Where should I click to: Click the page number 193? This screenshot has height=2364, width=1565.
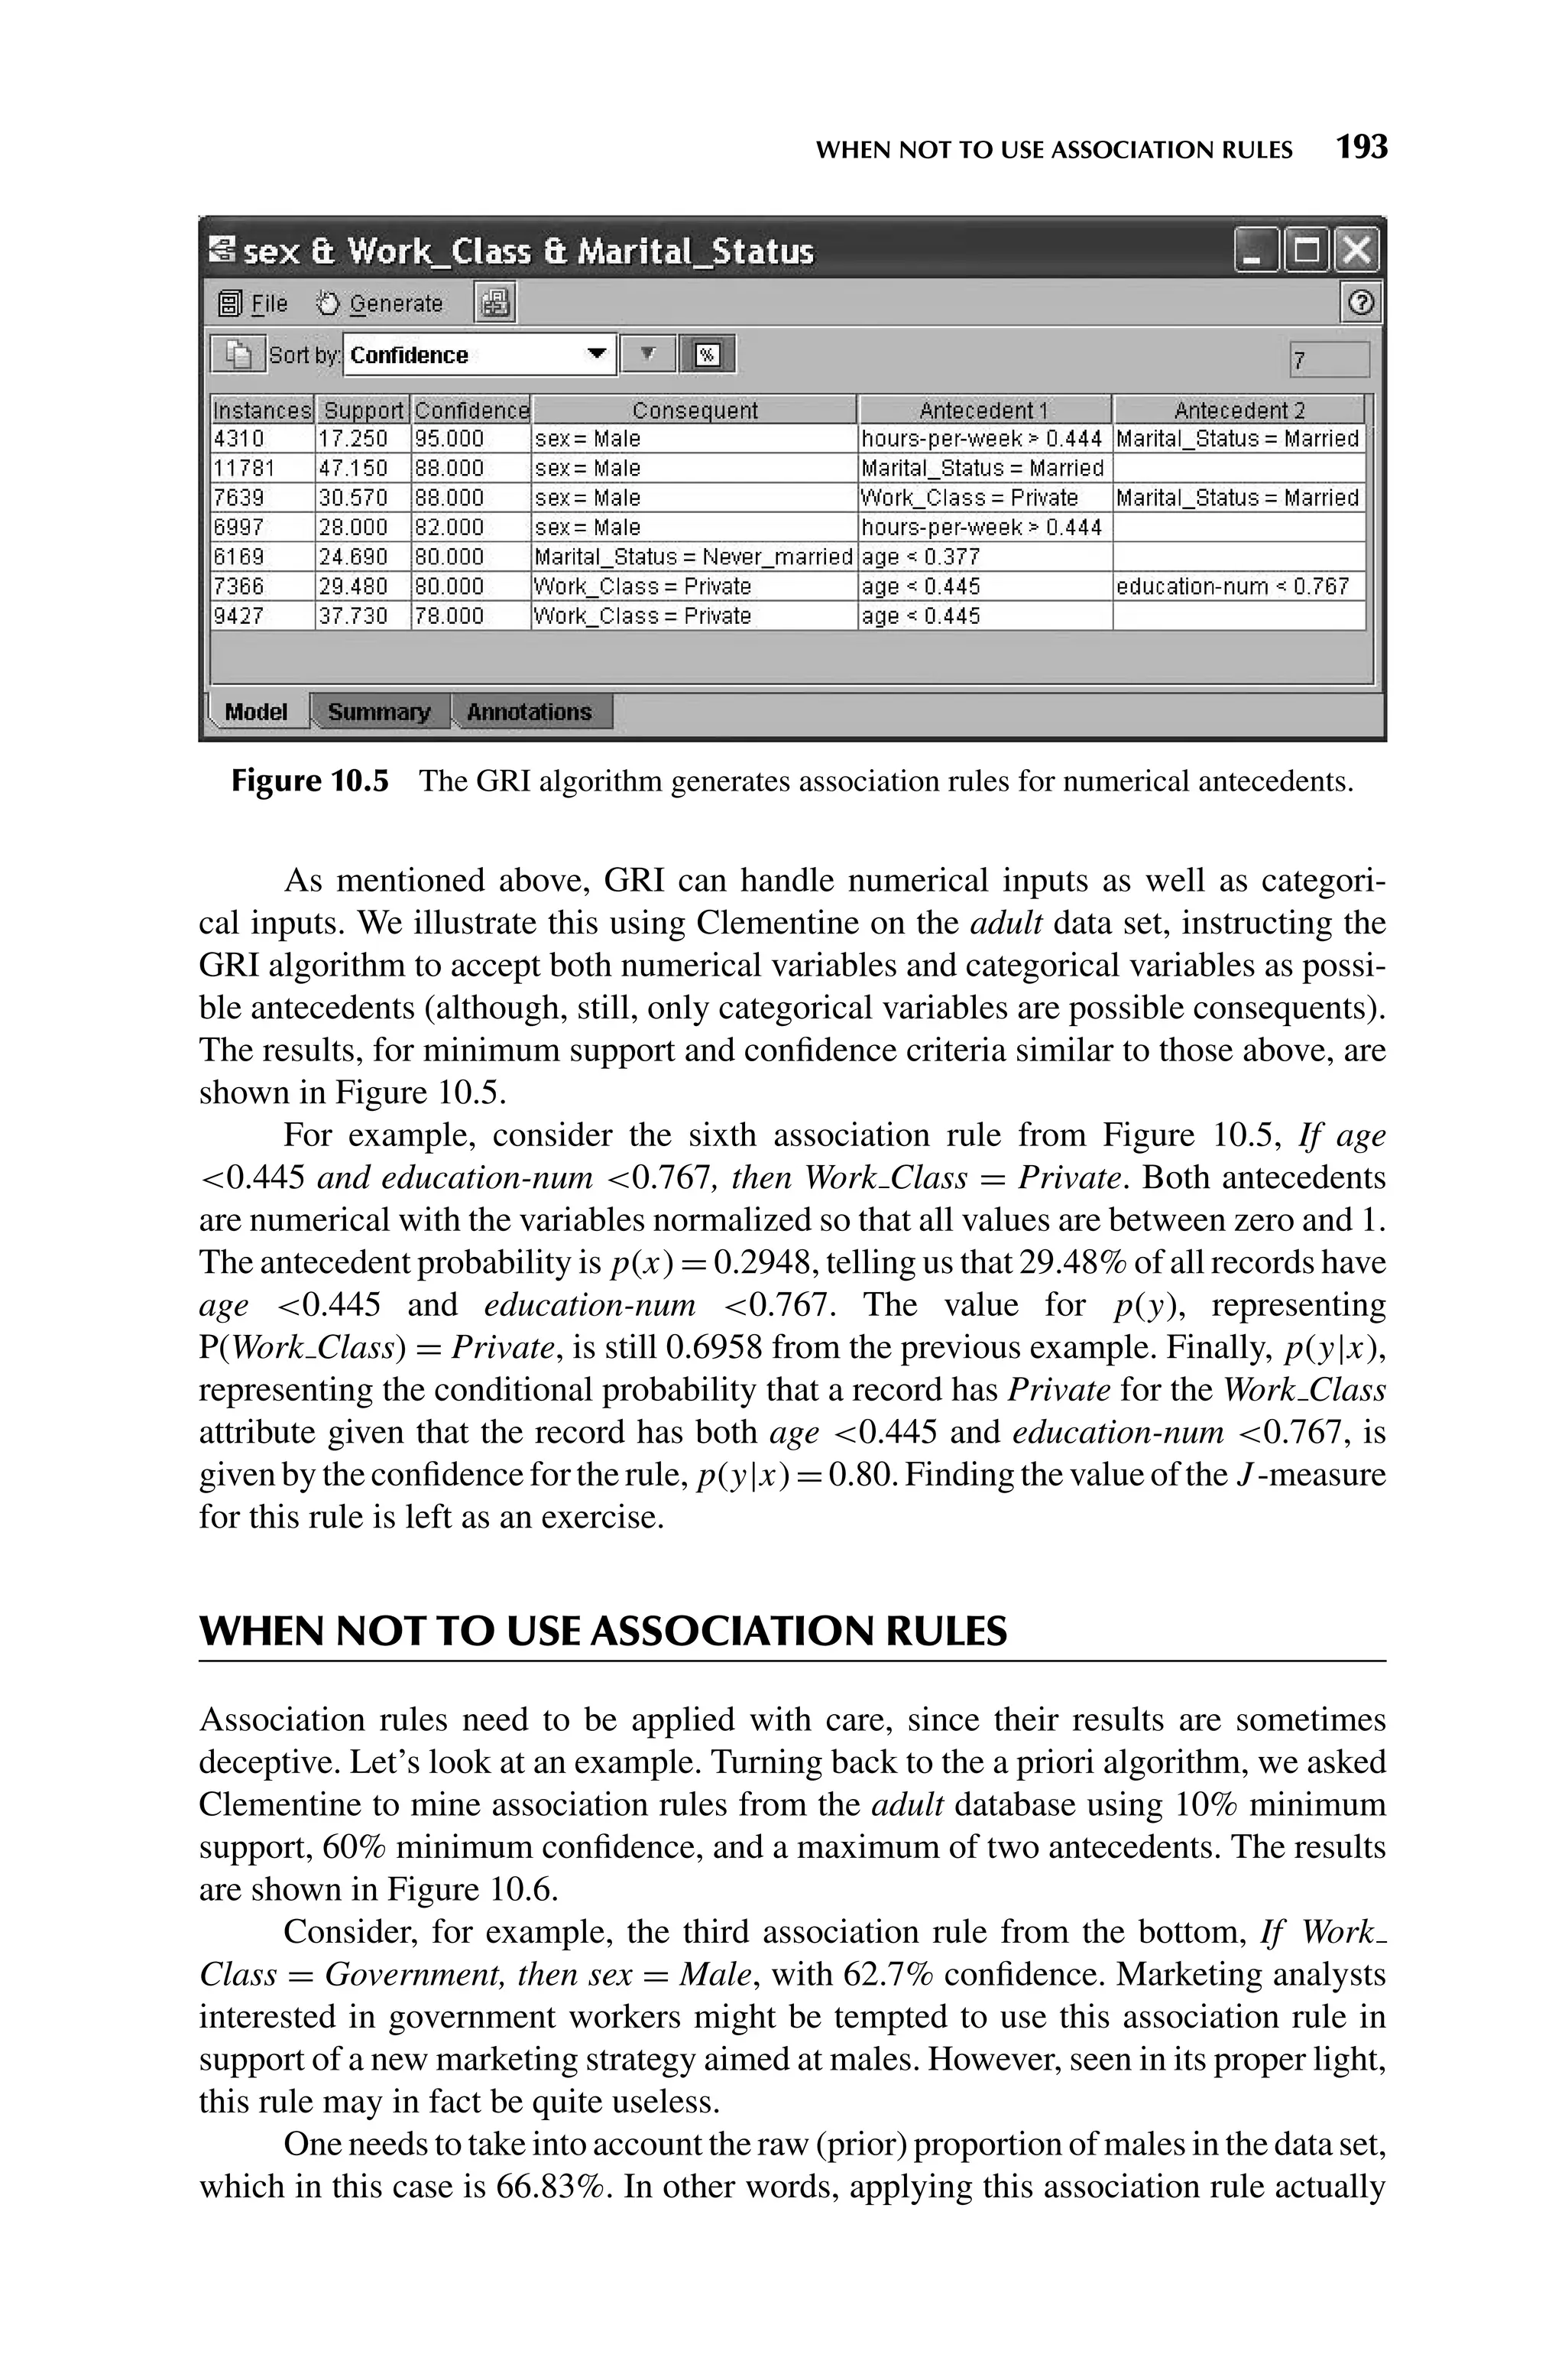coord(1362,148)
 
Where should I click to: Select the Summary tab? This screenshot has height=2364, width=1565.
coord(379,712)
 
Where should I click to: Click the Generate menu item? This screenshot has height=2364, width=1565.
coord(381,304)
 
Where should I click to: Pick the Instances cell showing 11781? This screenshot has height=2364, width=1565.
coord(245,468)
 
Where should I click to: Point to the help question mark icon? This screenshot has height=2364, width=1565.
coord(1360,304)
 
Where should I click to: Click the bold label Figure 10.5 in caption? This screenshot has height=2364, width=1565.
coord(309,781)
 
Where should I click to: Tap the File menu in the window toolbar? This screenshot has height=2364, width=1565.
coord(255,304)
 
